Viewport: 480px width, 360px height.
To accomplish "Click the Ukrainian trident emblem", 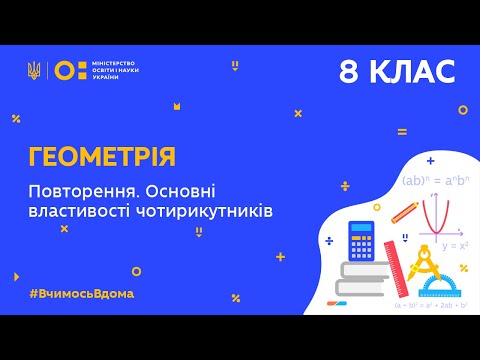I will click(x=35, y=71).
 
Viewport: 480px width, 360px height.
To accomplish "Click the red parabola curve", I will click(x=432, y=211).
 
